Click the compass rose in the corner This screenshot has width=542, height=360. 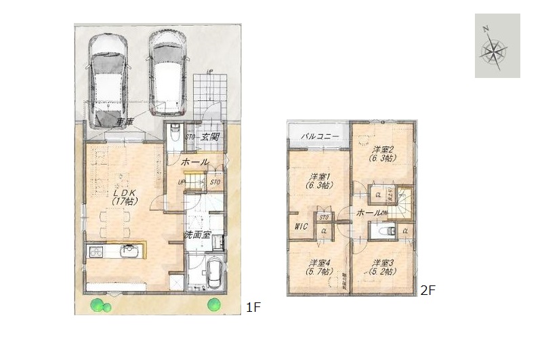coord(497,46)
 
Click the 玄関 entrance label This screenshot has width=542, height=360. coord(211,137)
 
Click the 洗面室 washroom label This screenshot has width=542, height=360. coord(197,235)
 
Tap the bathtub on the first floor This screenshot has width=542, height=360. coord(215,274)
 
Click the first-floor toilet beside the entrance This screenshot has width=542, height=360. coord(175,131)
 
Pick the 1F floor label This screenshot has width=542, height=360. coord(253,307)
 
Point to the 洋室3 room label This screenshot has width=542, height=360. coord(383,266)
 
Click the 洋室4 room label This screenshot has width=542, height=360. coord(319,266)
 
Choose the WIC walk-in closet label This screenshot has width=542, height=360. coord(301,227)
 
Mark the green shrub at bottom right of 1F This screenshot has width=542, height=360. coord(215,303)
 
